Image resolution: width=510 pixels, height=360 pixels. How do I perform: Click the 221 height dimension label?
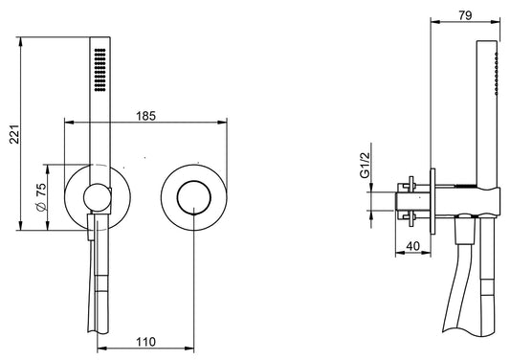click(14, 134)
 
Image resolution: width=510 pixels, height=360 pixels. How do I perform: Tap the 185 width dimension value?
click(145, 116)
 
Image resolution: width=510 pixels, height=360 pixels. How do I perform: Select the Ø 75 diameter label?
click(41, 197)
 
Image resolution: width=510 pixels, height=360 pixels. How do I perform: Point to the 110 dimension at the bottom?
click(145, 342)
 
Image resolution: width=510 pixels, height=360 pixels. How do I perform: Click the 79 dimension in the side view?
click(465, 15)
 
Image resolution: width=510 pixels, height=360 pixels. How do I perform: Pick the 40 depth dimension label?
click(413, 246)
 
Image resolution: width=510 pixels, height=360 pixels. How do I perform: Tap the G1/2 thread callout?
click(365, 165)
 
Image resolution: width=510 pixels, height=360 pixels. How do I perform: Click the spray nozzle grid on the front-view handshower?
click(100, 70)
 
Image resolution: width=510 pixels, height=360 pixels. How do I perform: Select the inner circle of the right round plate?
click(194, 197)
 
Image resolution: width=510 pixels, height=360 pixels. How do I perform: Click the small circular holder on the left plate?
click(97, 197)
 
